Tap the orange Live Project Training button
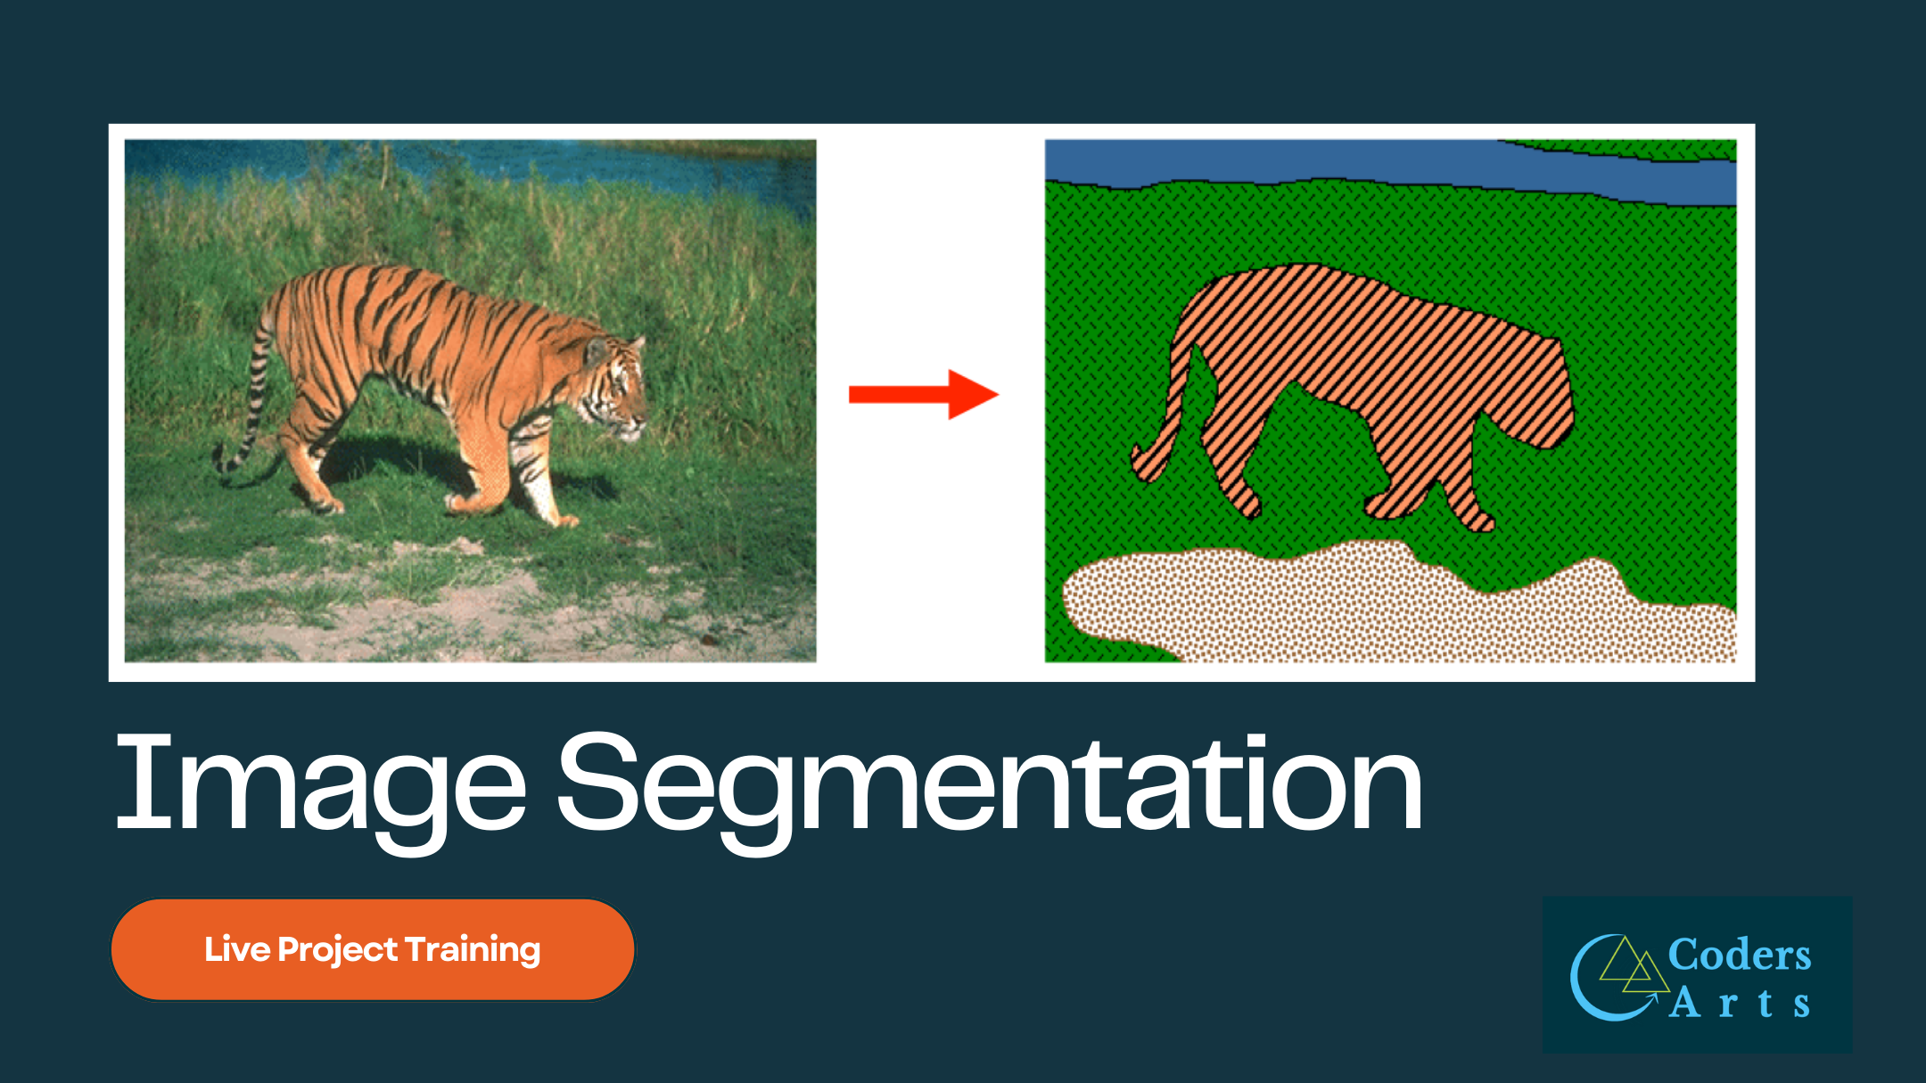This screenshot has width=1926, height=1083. click(x=373, y=949)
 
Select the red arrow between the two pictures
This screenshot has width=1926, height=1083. click(x=923, y=394)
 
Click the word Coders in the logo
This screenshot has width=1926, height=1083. click(x=1739, y=955)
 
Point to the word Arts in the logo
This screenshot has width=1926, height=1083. click(x=1739, y=1004)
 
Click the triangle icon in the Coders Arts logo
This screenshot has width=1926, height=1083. click(x=1632, y=967)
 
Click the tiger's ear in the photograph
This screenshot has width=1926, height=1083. click(x=596, y=350)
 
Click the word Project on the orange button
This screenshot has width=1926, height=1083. click(x=337, y=950)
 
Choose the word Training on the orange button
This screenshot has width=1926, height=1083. click(x=473, y=950)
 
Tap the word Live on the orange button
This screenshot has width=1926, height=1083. click(x=236, y=949)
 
